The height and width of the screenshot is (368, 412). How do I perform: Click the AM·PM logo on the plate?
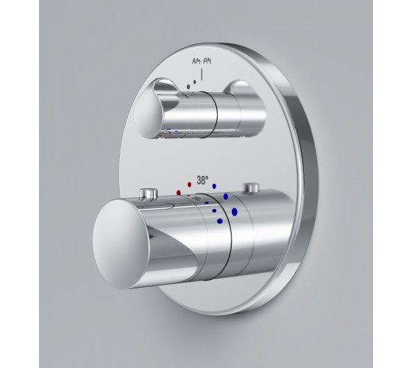[x=202, y=62]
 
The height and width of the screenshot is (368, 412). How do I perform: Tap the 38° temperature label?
[x=202, y=180]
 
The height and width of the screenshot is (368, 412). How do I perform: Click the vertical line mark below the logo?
[x=202, y=74]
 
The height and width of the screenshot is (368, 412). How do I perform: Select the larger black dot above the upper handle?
[x=188, y=87]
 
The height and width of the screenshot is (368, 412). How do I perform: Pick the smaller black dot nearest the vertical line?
[x=195, y=82]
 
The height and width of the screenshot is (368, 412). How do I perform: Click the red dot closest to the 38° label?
[x=190, y=185]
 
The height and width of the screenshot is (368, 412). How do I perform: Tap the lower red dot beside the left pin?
[x=179, y=193]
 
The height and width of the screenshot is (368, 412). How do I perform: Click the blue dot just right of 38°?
[x=214, y=186]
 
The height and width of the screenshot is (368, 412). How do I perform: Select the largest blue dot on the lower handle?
[x=235, y=212]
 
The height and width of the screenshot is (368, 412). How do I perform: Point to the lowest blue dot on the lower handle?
[x=220, y=221]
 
